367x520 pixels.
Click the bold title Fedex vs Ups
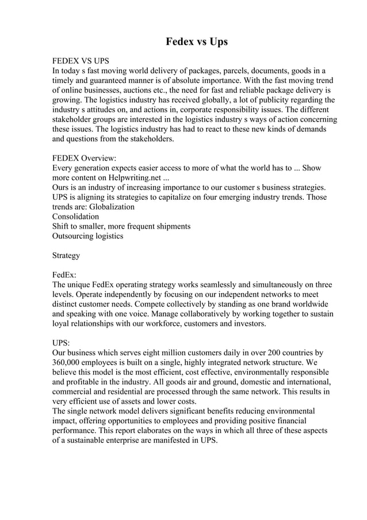coord(197,42)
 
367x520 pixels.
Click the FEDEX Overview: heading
coord(84,158)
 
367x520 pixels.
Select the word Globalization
coord(112,207)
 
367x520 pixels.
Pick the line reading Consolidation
coord(75,217)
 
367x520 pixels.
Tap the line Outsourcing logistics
coord(87,236)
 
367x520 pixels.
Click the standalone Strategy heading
coord(66,255)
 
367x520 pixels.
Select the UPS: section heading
coord(62,343)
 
